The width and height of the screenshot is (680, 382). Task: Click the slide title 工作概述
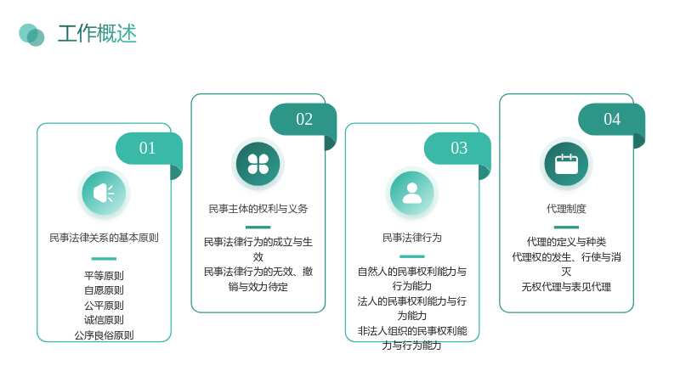pyautogui.click(x=97, y=34)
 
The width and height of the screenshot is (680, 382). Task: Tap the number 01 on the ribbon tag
pyautogui.click(x=147, y=148)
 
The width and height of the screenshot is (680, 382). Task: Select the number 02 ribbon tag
pyautogui.click(x=304, y=119)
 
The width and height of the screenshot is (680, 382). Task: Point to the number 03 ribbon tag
pyautogui.click(x=459, y=148)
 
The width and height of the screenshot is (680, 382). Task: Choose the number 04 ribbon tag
pyautogui.click(x=612, y=119)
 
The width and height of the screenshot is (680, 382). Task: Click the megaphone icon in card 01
pyautogui.click(x=104, y=194)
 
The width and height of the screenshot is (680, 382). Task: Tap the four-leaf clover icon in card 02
pyautogui.click(x=258, y=164)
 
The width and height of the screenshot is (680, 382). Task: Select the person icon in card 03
pyautogui.click(x=412, y=194)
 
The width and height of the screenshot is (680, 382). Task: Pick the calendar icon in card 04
pyautogui.click(x=566, y=164)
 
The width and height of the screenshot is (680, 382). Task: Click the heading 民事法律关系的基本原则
pyautogui.click(x=104, y=238)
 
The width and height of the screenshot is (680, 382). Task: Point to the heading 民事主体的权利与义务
pyautogui.click(x=258, y=209)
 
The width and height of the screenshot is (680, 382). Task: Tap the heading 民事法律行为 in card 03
pyautogui.click(x=412, y=238)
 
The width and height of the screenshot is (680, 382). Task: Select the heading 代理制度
pyautogui.click(x=566, y=209)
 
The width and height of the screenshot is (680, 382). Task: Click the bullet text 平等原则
pyautogui.click(x=104, y=276)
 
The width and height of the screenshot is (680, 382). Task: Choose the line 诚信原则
pyautogui.click(x=104, y=320)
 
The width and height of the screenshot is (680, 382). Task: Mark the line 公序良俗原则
pyautogui.click(x=104, y=335)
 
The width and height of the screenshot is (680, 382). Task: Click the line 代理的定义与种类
pyautogui.click(x=566, y=242)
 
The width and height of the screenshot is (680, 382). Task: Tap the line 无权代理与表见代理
pyautogui.click(x=566, y=287)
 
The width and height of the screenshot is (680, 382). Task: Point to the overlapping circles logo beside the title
pyautogui.click(x=31, y=35)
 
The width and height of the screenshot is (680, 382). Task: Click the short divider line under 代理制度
pyautogui.click(x=566, y=228)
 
